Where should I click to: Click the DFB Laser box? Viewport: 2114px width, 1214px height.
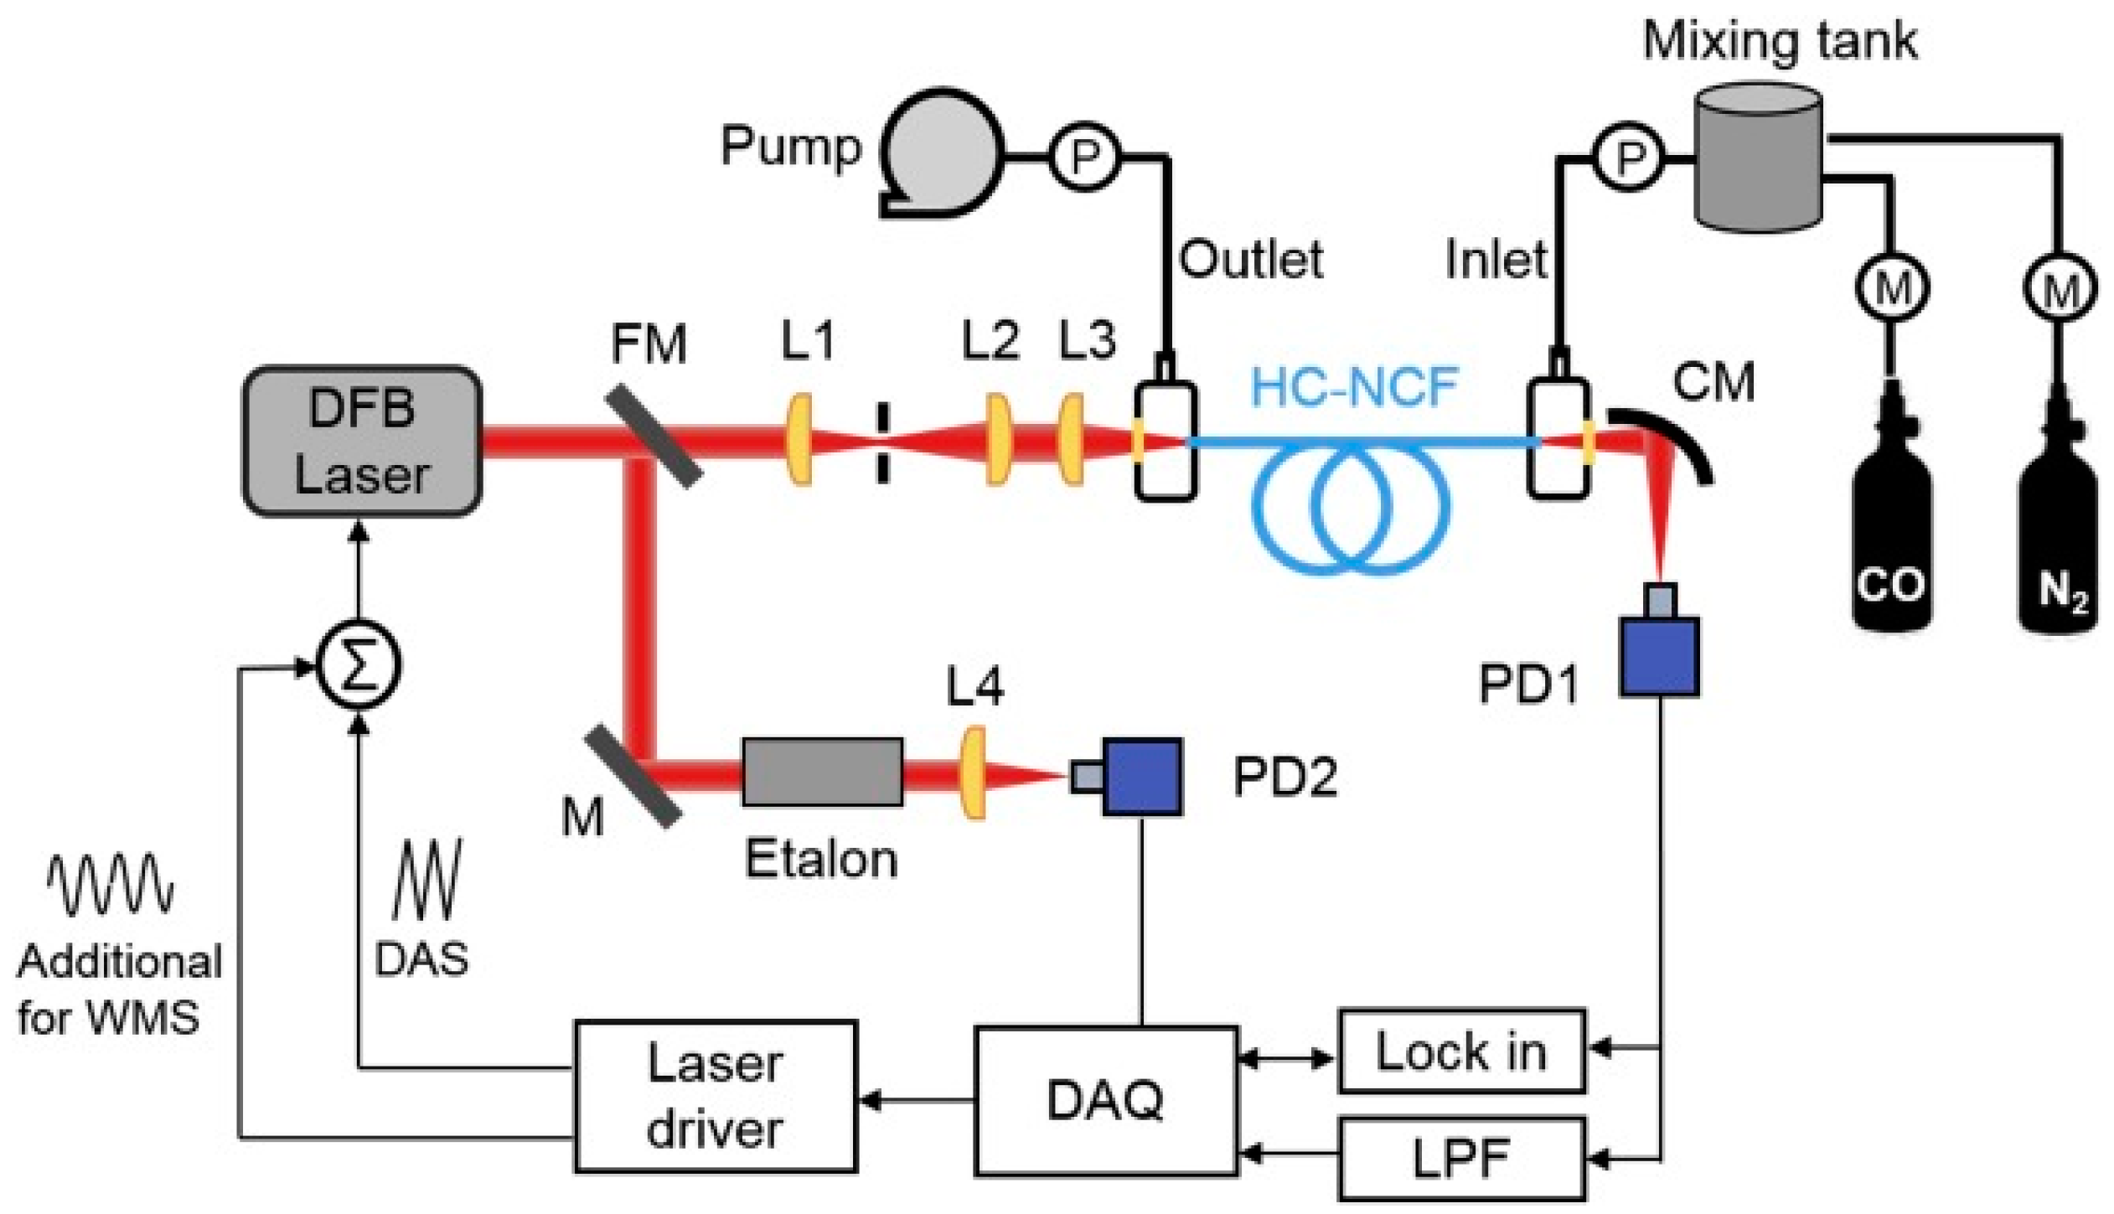(x=362, y=441)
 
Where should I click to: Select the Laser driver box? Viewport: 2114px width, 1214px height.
(x=715, y=1096)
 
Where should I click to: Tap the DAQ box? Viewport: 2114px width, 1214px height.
(x=1105, y=1100)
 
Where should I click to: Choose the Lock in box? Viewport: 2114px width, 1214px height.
(x=1461, y=1051)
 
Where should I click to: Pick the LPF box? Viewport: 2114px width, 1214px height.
(x=1461, y=1160)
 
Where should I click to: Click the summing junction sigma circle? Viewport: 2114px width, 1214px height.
(x=359, y=668)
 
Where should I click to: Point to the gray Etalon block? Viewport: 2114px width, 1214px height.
(x=822, y=772)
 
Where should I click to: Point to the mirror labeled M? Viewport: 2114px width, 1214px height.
(x=633, y=776)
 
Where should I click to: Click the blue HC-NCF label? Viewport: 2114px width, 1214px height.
(x=1354, y=387)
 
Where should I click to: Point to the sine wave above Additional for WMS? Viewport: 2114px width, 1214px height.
(x=110, y=885)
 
